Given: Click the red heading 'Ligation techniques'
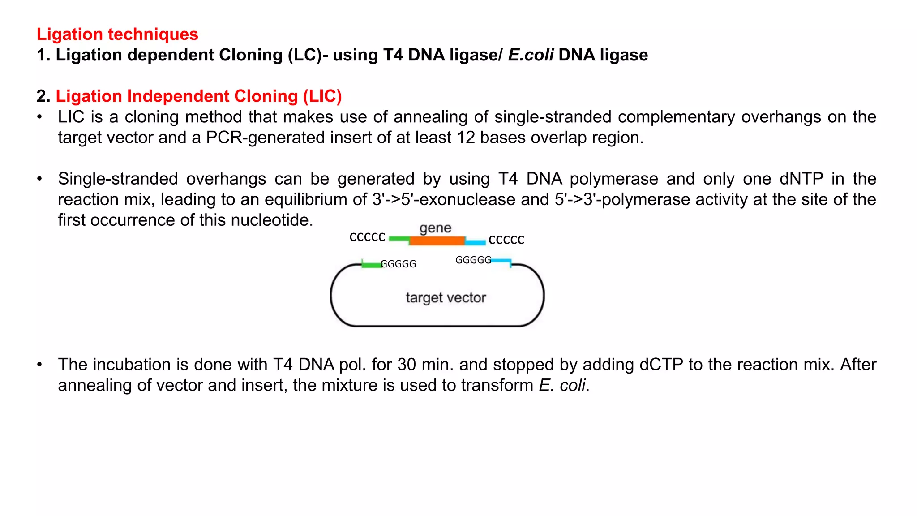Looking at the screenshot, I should point(117,34).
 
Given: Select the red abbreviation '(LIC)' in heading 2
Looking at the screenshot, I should point(322,96).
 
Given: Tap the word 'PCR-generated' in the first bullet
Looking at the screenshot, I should point(266,138).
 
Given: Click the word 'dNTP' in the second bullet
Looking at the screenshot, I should point(801,179).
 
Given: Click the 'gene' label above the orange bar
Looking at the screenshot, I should point(435,228).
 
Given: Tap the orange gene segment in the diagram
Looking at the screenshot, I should point(437,241).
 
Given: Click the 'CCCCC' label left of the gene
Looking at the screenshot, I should point(367,236).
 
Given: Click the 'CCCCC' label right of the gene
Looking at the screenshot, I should point(506,240).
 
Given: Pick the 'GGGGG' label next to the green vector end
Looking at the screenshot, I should point(398,264).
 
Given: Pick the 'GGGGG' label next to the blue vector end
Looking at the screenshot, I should point(473,260).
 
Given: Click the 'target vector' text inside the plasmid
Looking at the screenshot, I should point(446,298).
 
